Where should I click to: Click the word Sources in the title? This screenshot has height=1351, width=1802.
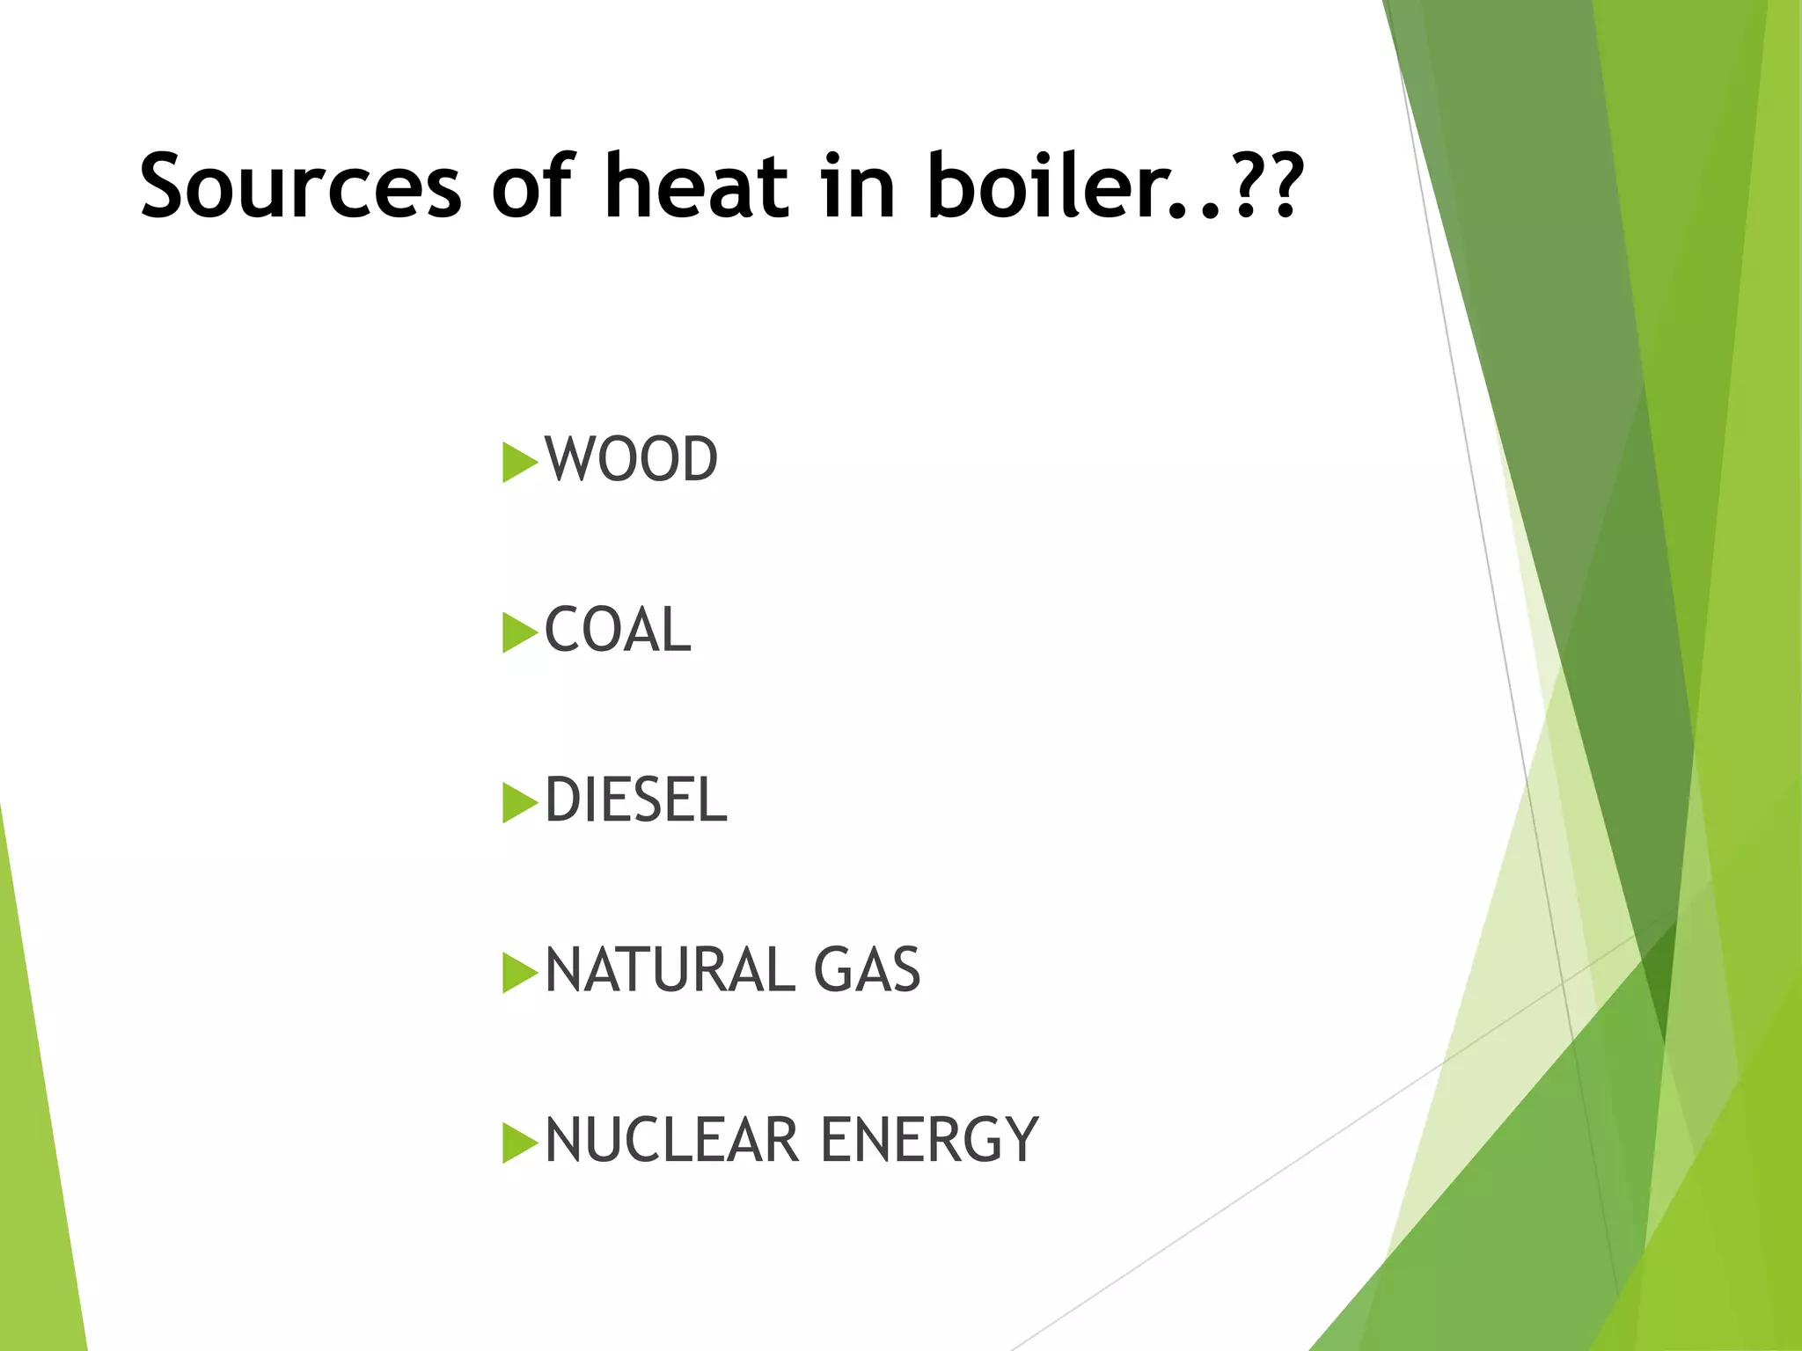point(300,186)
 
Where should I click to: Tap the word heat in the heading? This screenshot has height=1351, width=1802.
point(696,186)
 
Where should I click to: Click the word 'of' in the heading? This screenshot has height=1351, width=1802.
point(533,186)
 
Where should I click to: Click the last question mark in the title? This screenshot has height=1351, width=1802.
point(1281,186)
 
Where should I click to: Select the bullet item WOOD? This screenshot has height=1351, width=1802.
point(631,460)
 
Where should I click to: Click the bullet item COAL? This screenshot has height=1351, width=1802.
point(618,631)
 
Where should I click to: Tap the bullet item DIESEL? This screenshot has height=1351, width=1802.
point(636,800)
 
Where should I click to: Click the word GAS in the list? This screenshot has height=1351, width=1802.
point(867,971)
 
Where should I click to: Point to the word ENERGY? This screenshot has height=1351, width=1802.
point(929,1141)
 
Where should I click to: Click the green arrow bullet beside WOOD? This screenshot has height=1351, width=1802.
point(518,463)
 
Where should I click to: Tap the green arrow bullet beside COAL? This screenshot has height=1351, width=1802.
point(518,633)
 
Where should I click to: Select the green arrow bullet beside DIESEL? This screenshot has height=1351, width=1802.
point(518,803)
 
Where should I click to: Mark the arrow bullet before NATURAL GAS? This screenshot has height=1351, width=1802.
point(518,973)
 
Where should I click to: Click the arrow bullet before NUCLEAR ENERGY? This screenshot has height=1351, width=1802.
point(518,1143)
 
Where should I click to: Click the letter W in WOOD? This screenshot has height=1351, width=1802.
point(569,460)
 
